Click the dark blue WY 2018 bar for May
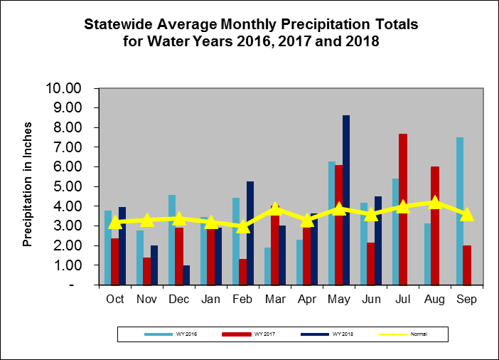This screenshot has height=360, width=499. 346,200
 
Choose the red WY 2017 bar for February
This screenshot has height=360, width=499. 243,272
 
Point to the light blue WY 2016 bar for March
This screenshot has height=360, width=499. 267,266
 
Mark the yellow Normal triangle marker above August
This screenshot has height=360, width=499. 435,203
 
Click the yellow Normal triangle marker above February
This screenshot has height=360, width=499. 243,226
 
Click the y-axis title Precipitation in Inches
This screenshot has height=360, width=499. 28,187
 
